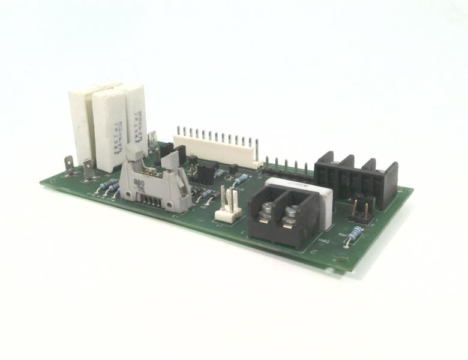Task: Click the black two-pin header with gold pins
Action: pos(361,206)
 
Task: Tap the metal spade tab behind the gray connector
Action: pos(152,140)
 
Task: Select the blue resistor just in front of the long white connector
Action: pos(241,179)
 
